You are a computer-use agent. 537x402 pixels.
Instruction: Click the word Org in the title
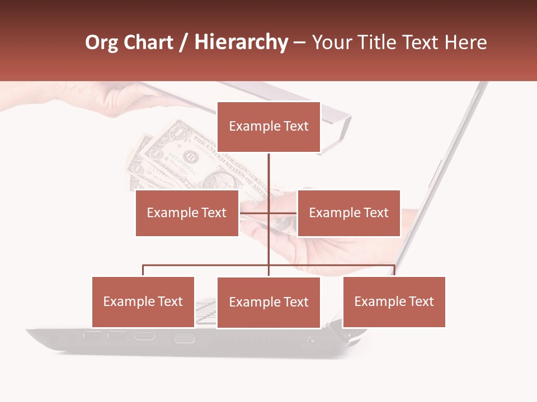[102, 42]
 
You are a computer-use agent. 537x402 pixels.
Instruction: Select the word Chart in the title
[147, 42]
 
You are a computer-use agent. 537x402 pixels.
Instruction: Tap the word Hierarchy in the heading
[241, 42]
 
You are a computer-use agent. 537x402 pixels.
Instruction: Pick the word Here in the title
[465, 42]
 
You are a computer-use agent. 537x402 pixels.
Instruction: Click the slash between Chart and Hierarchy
[183, 43]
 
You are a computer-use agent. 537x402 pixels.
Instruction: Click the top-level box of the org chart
[268, 127]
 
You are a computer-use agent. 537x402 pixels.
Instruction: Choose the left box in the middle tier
[187, 213]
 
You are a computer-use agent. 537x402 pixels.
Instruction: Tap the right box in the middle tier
[348, 213]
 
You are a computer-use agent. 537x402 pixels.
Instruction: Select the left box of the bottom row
[143, 301]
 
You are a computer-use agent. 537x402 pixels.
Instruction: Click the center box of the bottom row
[268, 302]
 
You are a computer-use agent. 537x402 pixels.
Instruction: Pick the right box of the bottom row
[394, 301]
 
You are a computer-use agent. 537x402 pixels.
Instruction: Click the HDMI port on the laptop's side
[144, 337]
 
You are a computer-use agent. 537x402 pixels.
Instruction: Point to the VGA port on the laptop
[185, 338]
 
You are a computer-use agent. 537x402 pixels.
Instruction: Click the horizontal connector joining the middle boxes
[268, 213]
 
